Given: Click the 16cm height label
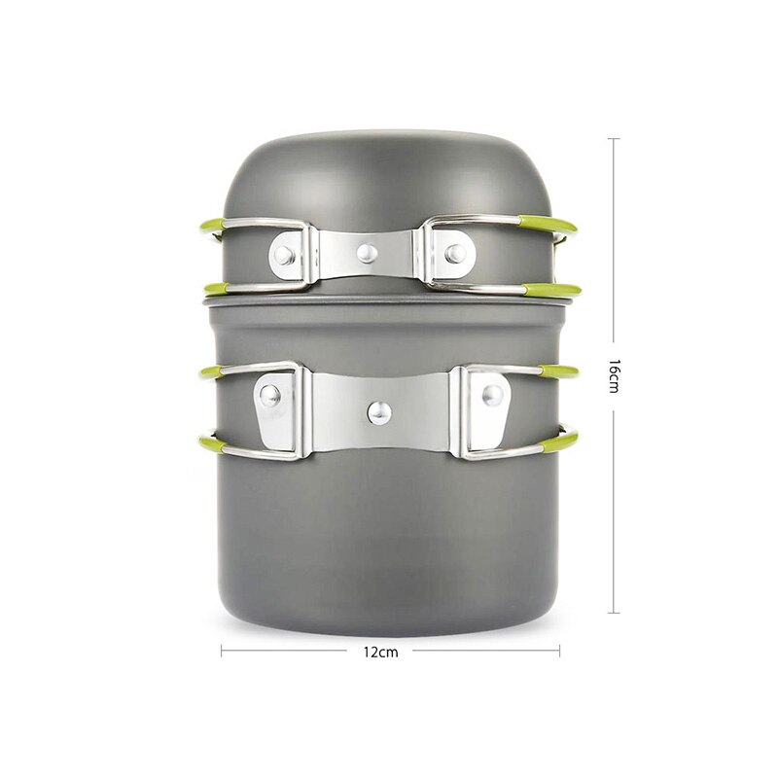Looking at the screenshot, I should click(614, 375).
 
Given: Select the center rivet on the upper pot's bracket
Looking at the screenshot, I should click(366, 253).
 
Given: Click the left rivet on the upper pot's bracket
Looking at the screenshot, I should click(283, 255).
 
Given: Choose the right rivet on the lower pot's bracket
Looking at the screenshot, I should click(493, 395).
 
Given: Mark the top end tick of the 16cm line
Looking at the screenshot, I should click(614, 139).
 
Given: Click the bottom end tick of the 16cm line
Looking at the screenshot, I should click(614, 612).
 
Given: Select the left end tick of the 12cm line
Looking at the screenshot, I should click(222, 652).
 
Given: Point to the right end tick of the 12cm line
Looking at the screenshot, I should click(559, 652).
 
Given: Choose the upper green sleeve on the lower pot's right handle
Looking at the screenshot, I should click(553, 371).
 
